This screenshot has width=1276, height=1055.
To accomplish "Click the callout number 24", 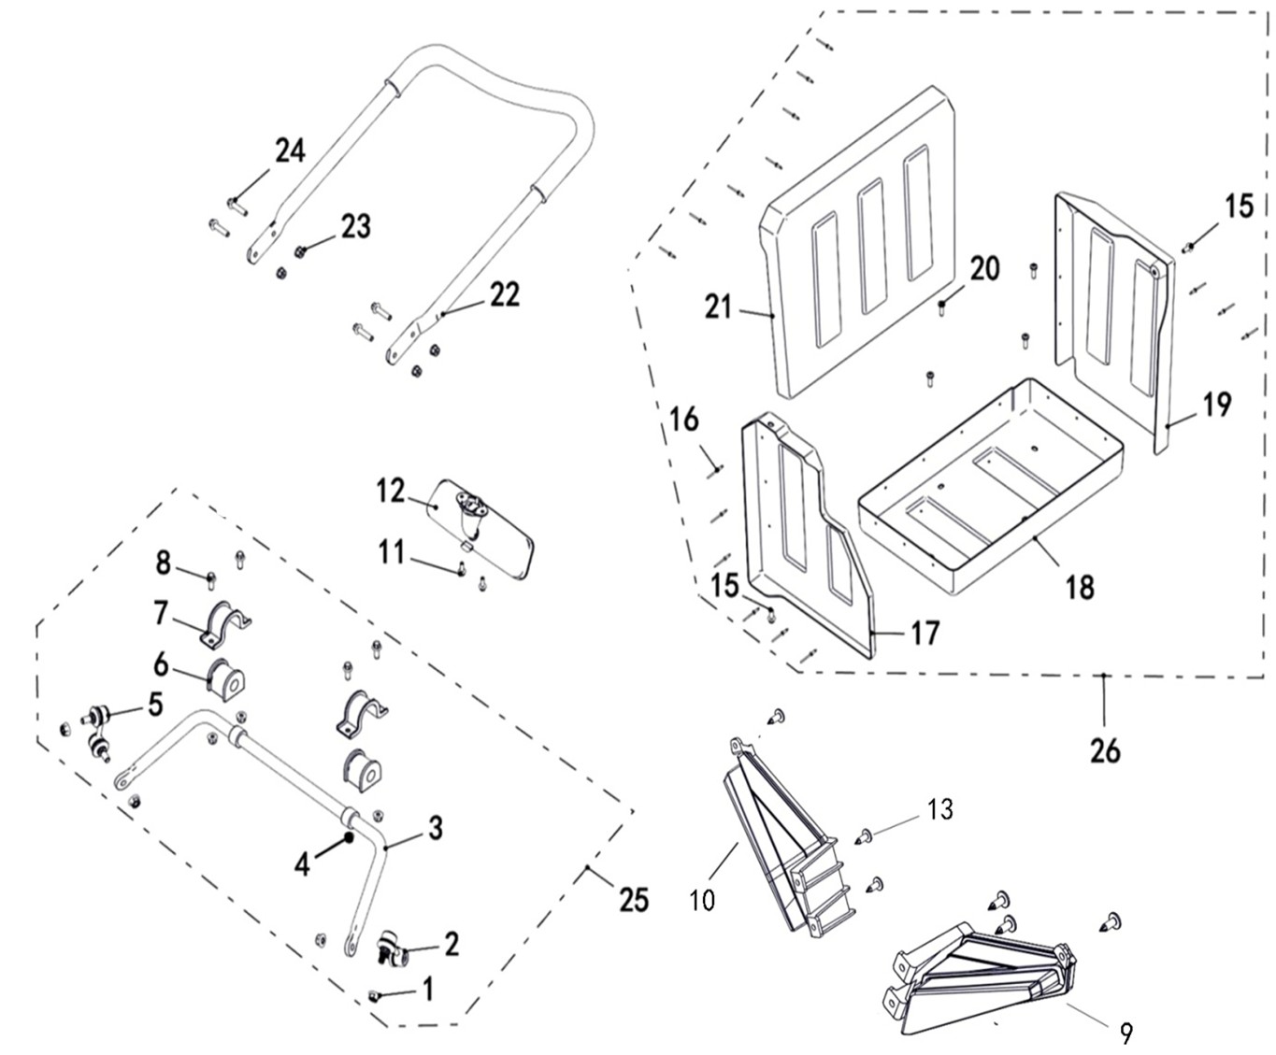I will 290,150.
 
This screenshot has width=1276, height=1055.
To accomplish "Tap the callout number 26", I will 1105,750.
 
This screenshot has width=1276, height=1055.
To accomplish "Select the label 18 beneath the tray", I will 1080,588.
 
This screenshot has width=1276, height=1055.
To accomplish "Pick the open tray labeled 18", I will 991,486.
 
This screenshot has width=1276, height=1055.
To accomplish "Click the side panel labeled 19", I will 1112,318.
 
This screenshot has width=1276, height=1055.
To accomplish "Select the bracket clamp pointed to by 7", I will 225,624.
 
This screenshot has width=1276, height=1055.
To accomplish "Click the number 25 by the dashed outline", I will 634,899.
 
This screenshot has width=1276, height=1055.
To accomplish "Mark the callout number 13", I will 940,808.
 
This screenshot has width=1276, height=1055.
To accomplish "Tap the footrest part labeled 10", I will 776,841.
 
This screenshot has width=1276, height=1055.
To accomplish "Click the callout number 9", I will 1126,1033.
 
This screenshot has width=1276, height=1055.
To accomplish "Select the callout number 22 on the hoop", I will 503,294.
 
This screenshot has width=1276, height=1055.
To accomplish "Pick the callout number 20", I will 984,269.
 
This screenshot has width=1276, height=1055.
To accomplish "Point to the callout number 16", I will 684,420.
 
